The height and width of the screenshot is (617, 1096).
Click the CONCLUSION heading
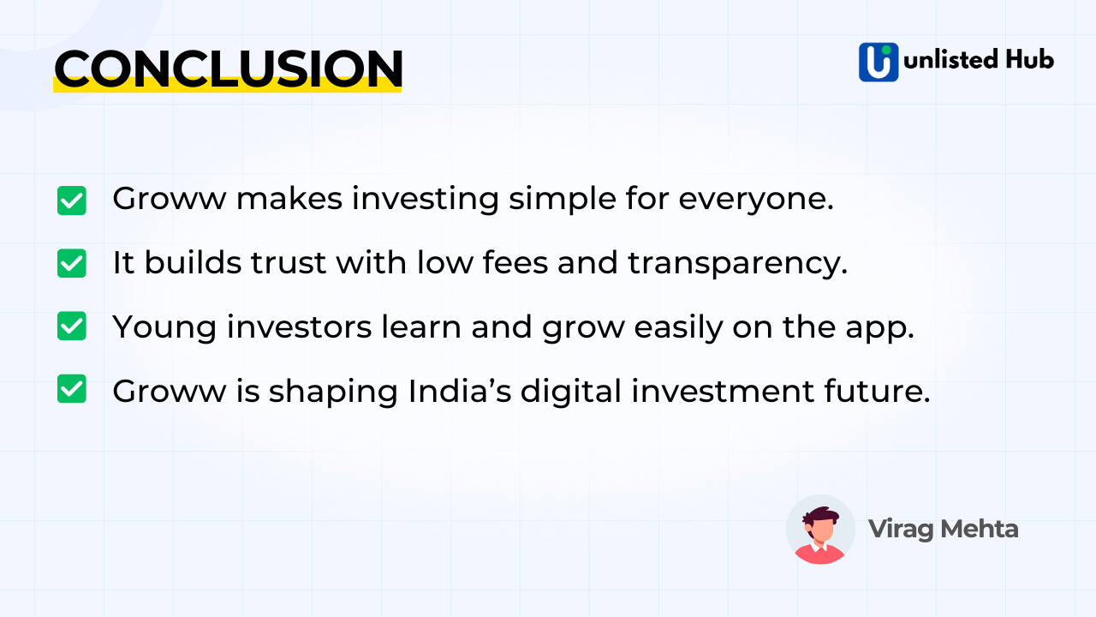tap(228, 69)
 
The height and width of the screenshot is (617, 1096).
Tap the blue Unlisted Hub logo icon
tap(879, 62)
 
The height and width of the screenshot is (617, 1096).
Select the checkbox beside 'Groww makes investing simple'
tap(72, 201)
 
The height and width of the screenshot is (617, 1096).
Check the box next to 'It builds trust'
tap(72, 263)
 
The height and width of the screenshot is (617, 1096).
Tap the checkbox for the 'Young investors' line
tap(72, 326)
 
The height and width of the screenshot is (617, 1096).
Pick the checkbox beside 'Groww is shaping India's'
tap(72, 389)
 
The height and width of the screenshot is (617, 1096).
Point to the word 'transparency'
tap(736, 263)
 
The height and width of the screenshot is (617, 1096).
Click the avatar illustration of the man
tap(820, 530)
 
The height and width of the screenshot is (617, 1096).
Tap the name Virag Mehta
tap(943, 529)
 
